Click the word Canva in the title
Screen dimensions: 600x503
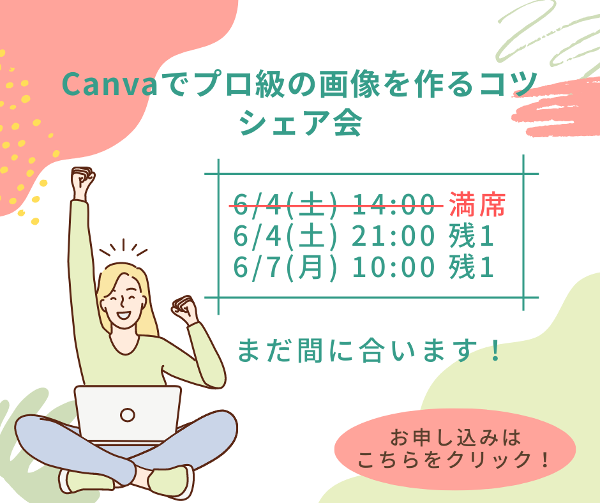pyautogui.click(x=109, y=85)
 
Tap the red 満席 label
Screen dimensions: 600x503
pyautogui.click(x=477, y=204)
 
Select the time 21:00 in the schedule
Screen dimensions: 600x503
pyautogui.click(x=393, y=236)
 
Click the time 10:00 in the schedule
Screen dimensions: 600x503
pyautogui.click(x=393, y=267)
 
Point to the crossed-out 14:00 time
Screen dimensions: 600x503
pyautogui.click(x=393, y=204)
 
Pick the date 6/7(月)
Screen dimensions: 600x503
pyautogui.click(x=285, y=267)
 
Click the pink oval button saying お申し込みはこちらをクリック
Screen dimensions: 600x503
pyautogui.click(x=455, y=449)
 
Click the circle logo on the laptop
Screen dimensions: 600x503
pyautogui.click(x=128, y=414)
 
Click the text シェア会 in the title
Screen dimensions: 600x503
pyautogui.click(x=301, y=123)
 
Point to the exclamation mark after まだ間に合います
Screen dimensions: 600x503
pyautogui.click(x=495, y=350)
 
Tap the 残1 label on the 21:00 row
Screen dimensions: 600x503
pyautogui.click(x=471, y=236)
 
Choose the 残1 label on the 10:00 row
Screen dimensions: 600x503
pyautogui.click(x=471, y=267)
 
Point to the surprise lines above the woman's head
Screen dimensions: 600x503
pyautogui.click(x=123, y=248)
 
